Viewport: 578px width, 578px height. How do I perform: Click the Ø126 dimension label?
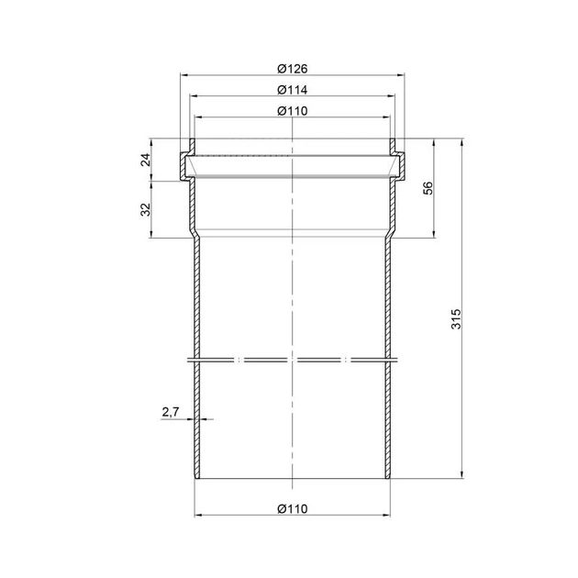click(293, 69)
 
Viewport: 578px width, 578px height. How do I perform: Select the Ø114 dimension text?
click(293, 90)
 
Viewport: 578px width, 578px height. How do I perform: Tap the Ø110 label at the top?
click(293, 111)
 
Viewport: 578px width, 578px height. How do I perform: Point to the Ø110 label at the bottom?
click(293, 509)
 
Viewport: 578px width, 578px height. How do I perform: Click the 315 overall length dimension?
click(456, 319)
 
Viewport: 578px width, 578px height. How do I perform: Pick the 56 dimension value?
click(428, 188)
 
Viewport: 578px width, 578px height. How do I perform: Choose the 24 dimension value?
click(146, 160)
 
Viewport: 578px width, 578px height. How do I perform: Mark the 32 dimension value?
click(146, 209)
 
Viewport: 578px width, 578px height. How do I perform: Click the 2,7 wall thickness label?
click(171, 412)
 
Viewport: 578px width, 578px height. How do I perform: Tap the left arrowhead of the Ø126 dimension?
click(183, 75)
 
